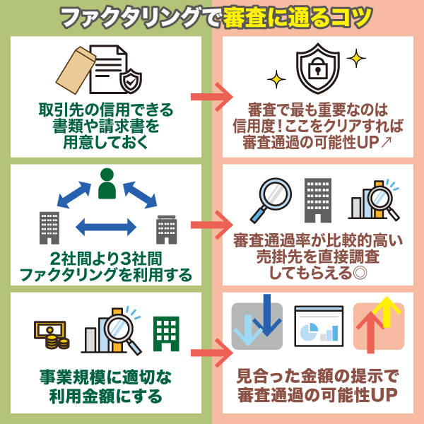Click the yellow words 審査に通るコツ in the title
(x=297, y=17)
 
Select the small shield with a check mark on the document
(x=131, y=83)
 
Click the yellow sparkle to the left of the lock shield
(x=276, y=76)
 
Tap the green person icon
(x=106, y=185)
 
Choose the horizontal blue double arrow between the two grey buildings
(x=105, y=227)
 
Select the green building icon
(x=167, y=333)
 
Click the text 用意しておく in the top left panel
(x=106, y=143)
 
